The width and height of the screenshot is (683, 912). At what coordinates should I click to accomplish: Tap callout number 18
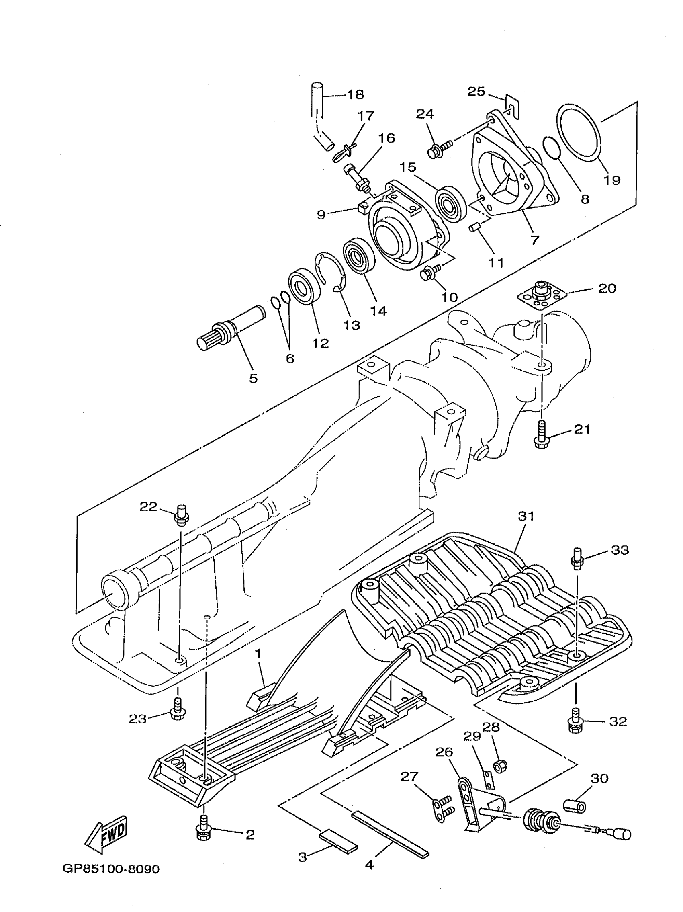pos(355,95)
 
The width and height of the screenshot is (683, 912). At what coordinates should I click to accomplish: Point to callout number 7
pos(535,240)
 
